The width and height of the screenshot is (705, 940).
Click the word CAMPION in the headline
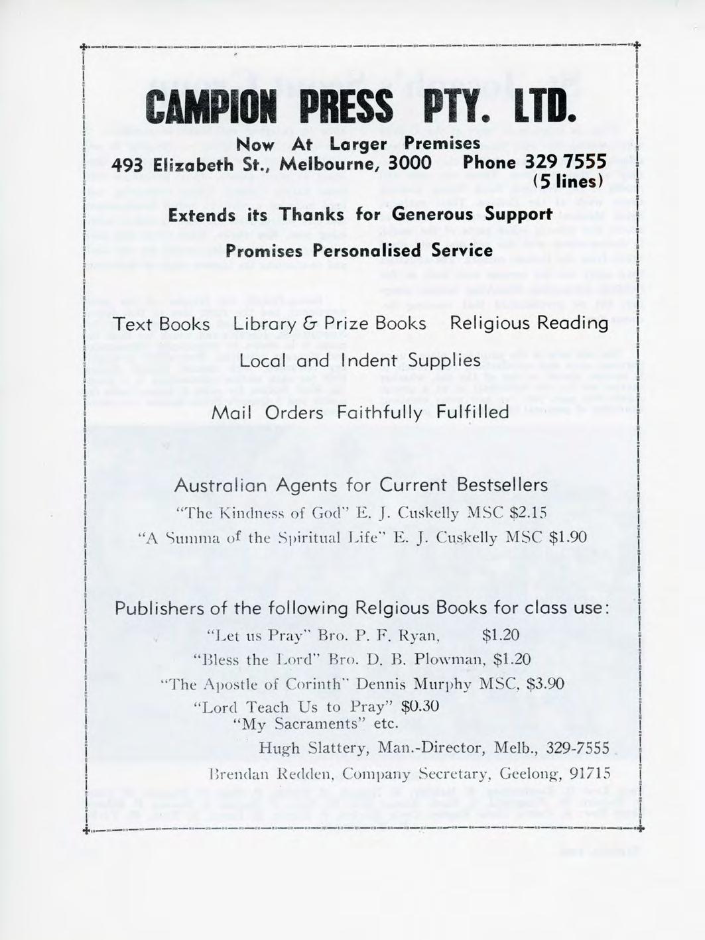click(x=211, y=109)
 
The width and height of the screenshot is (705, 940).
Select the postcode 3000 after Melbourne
click(x=409, y=163)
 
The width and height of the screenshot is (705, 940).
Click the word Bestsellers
click(x=502, y=485)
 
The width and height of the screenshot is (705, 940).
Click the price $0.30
click(x=421, y=706)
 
